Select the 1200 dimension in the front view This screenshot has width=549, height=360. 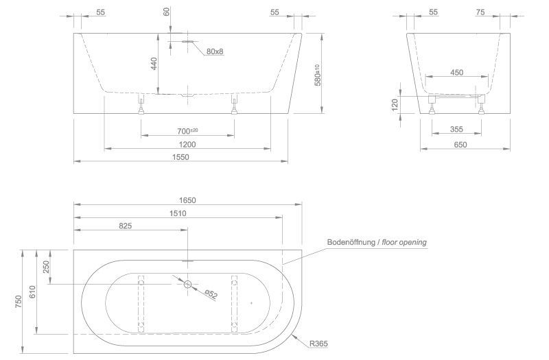tap(187, 144)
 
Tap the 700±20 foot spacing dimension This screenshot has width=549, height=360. tap(187, 131)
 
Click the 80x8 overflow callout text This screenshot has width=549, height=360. tap(216, 51)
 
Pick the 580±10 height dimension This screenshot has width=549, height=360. tap(317, 74)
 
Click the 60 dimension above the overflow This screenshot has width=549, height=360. tap(165, 12)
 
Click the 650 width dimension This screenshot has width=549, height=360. tap(460, 145)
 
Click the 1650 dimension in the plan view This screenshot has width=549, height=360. tap(187, 200)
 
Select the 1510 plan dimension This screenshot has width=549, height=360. tap(178, 213)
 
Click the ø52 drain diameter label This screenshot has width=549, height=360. tap(211, 294)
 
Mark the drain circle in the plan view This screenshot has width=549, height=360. tap(187, 284)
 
